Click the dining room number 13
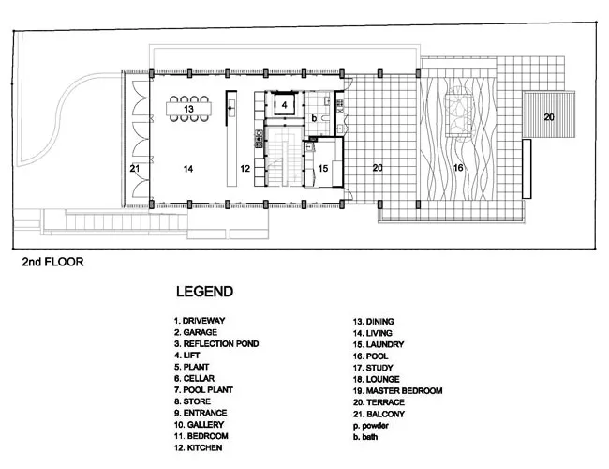click(x=188, y=109)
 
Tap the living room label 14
click(x=188, y=169)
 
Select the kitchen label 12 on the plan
click(x=245, y=169)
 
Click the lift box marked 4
click(x=285, y=104)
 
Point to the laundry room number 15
click(x=323, y=169)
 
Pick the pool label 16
click(x=458, y=168)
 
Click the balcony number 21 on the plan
click(x=134, y=169)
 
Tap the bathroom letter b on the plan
click(x=314, y=117)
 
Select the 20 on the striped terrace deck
click(x=549, y=117)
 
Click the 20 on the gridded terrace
click(x=378, y=168)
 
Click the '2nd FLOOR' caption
click(x=52, y=262)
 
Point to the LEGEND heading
click(x=204, y=292)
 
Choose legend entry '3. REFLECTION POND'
click(x=216, y=344)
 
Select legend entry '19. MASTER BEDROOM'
click(x=397, y=391)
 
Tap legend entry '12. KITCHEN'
click(x=198, y=447)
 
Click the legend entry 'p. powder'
click(x=371, y=426)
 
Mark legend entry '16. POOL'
click(x=370, y=356)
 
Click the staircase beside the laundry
click(x=285, y=157)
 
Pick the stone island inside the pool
click(x=459, y=115)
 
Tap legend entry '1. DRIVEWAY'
click(x=200, y=321)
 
